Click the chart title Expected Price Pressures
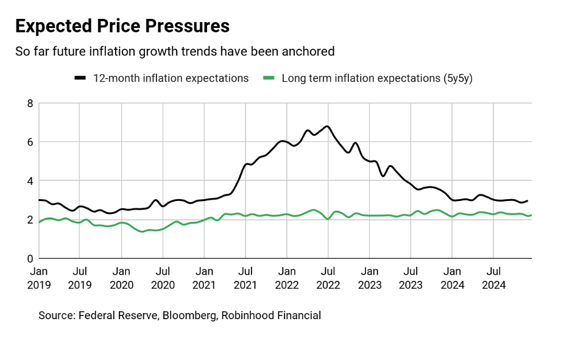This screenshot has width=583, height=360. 122,26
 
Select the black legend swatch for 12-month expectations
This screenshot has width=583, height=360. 80,78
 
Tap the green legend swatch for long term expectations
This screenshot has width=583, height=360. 269,78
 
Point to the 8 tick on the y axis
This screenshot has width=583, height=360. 30,104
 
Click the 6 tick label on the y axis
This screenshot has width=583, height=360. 30,142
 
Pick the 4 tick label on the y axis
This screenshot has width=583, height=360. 30,181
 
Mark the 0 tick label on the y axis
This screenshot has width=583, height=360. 30,258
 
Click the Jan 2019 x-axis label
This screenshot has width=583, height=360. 39,277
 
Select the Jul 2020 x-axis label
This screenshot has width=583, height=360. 163,277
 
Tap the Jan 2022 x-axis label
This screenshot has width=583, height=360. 287,277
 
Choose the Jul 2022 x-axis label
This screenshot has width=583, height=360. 328,277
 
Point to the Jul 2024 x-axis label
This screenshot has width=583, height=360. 493,277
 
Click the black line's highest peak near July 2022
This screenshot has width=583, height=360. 327,126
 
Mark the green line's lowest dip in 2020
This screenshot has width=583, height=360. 143,231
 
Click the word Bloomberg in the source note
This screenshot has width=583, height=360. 190,316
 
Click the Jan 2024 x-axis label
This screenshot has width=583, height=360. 452,277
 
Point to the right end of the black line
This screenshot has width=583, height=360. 527,200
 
